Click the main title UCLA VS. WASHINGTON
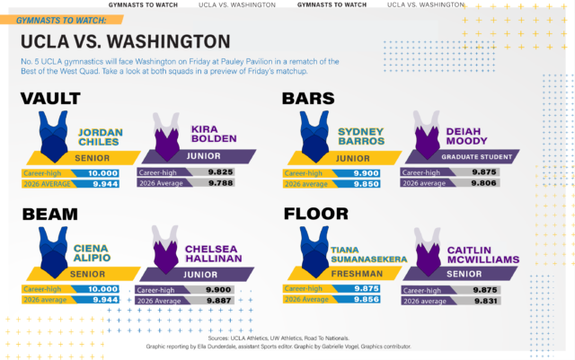coord(124,41)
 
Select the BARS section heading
coord(311,99)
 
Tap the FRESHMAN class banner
coord(359,272)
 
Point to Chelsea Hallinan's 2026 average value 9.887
coord(220,302)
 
